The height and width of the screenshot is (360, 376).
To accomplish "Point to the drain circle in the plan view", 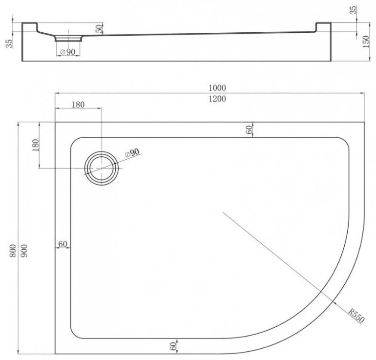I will (101, 168).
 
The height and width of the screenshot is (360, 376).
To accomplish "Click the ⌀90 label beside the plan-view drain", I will (132, 153).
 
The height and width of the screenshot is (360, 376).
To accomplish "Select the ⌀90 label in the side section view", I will (67, 52).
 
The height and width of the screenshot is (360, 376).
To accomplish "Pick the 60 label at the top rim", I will (249, 129).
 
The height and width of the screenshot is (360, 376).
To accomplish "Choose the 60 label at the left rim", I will (63, 243).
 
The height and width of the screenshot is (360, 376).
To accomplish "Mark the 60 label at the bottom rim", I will (173, 346).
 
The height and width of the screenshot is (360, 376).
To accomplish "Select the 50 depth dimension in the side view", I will (100, 29).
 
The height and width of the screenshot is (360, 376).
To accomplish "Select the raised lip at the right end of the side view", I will (323, 26).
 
